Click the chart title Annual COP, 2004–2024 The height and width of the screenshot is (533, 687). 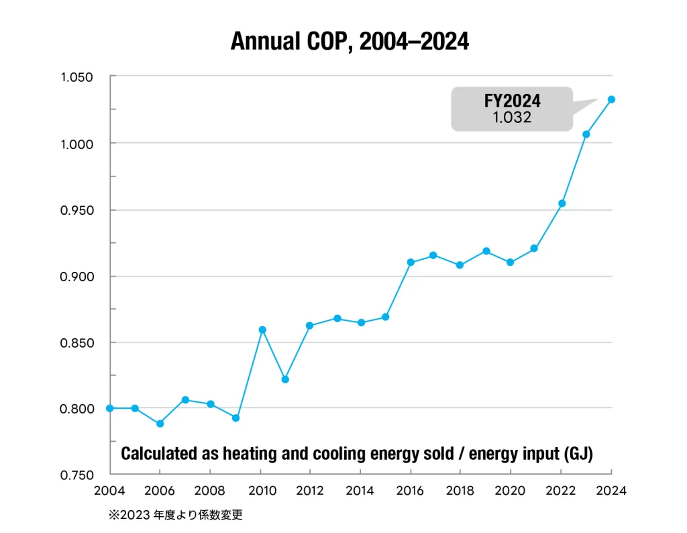(350, 42)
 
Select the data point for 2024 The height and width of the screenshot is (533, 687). (611, 99)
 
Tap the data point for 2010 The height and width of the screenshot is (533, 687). (262, 330)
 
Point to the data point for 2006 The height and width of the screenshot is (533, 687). (160, 424)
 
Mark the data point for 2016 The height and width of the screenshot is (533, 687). (411, 262)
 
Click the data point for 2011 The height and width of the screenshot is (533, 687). (285, 379)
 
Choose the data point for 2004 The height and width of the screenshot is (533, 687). (110, 408)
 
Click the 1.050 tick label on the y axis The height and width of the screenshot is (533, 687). (76, 77)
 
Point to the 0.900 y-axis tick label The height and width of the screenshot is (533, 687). (76, 276)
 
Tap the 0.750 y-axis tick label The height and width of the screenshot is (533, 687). (76, 475)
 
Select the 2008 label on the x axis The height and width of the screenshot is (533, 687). (211, 491)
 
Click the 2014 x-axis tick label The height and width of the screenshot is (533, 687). (361, 491)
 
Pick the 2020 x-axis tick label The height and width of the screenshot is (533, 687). (511, 491)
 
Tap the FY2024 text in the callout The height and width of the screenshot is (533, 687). (512, 101)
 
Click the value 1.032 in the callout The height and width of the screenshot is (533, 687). (512, 117)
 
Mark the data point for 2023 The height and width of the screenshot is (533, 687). (586, 134)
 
